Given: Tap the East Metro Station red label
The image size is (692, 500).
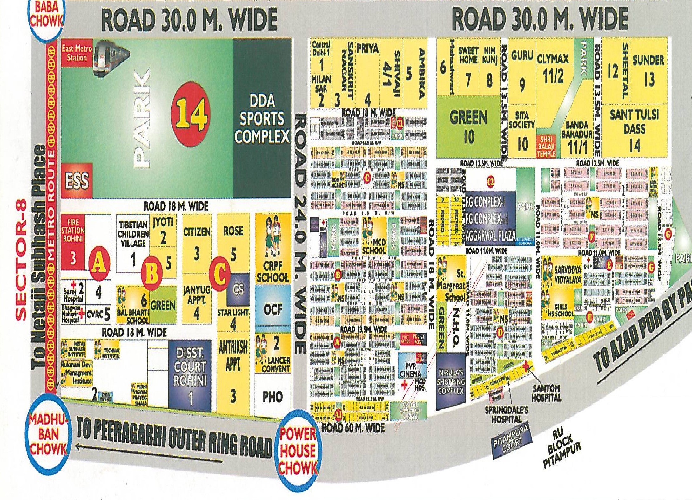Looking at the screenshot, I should pyautogui.click(x=77, y=53).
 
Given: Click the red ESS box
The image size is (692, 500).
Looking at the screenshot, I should pyautogui.click(x=77, y=180).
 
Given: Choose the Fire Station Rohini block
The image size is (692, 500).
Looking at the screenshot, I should pyautogui.click(x=73, y=243).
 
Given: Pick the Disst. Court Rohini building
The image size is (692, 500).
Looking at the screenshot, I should pyautogui.click(x=190, y=374).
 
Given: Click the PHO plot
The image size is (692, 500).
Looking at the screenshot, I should pyautogui.click(x=273, y=396).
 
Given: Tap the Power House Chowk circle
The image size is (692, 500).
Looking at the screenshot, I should pyautogui.click(x=298, y=450).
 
